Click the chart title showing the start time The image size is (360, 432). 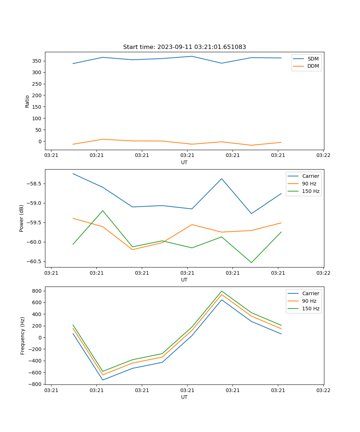tap(184, 47)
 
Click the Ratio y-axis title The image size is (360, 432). tap(27, 101)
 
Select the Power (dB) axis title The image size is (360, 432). tap(22, 218)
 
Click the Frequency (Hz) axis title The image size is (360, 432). tap(23, 336)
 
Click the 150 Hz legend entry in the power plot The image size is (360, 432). tap(311, 191)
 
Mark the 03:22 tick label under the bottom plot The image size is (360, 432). tap(323, 390)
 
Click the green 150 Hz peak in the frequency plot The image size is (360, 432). tap(222, 291)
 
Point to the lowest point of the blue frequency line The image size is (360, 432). tap(103, 380)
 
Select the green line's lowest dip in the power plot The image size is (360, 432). tap(251, 262)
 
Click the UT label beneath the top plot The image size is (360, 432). tap(184, 162)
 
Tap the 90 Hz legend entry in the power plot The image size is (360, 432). tap(309, 184)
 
